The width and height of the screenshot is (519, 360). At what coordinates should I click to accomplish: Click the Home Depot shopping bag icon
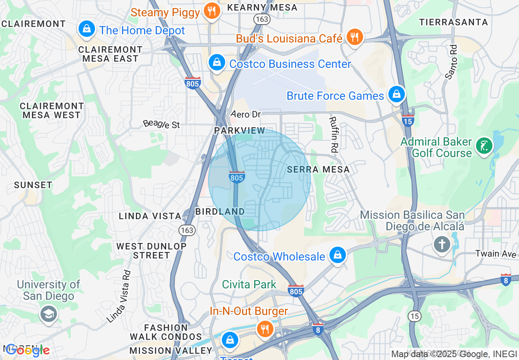point(86,29)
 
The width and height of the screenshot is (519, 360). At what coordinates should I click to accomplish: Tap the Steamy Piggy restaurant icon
point(211,11)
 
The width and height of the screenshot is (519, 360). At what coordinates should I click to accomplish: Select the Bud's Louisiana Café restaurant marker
point(354,37)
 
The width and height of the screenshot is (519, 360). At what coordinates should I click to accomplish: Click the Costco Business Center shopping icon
point(217,63)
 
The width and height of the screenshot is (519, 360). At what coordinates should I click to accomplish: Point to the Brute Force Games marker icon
point(396,94)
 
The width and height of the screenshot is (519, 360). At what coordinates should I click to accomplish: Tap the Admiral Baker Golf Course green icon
point(484,146)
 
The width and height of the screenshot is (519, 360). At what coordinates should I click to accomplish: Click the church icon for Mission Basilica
point(442,245)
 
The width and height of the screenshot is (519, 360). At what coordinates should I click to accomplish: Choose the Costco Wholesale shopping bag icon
point(337,255)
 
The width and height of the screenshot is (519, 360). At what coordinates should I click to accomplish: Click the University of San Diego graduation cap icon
point(48,314)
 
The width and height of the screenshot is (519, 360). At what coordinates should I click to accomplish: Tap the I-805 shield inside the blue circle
point(237,177)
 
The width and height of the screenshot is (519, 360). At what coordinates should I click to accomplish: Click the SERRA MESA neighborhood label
point(318,169)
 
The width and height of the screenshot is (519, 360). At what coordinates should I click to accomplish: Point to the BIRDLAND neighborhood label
point(220,211)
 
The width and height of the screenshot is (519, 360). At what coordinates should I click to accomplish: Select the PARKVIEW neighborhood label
point(240,130)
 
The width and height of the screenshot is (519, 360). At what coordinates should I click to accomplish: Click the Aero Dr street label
point(246,114)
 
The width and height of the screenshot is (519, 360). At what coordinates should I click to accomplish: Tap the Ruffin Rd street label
point(334,135)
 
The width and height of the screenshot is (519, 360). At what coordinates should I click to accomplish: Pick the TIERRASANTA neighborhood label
point(454,22)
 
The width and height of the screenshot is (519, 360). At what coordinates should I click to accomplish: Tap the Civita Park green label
point(249,284)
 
